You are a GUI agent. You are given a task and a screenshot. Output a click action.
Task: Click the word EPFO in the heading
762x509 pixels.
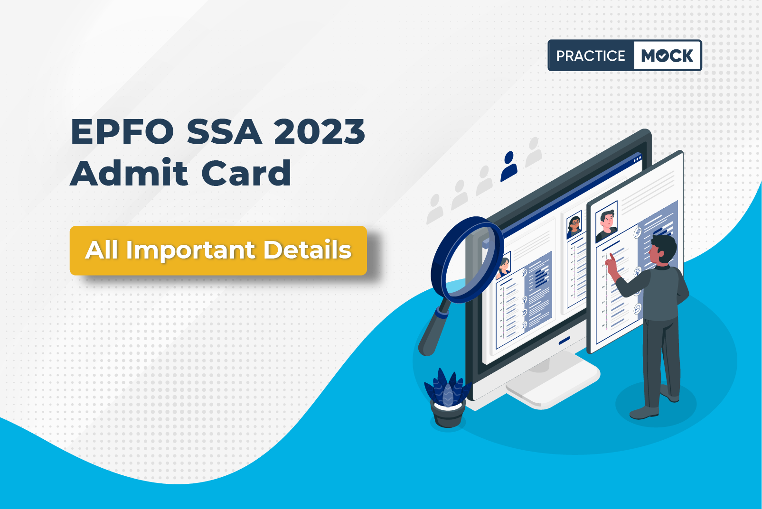click(x=122, y=132)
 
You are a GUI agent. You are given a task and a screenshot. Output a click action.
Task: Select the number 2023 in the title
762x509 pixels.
click(x=320, y=132)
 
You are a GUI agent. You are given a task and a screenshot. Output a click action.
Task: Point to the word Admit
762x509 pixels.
click(x=129, y=173)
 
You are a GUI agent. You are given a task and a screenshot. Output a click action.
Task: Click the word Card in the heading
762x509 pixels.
click(x=246, y=173)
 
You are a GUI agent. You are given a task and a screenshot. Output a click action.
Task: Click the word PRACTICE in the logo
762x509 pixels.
click(x=591, y=56)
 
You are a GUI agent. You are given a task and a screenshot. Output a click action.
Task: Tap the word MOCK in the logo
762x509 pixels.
click(x=667, y=56)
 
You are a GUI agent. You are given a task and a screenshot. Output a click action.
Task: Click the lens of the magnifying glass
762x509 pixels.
click(x=467, y=259)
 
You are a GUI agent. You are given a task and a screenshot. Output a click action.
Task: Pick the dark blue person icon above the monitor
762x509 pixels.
click(x=509, y=166)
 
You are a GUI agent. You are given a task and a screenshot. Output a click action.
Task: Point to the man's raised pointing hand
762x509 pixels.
click(x=611, y=265)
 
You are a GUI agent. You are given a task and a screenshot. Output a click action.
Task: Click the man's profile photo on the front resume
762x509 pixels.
click(x=607, y=221)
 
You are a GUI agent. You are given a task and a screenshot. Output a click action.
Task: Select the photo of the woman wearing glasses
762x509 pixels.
click(x=574, y=224)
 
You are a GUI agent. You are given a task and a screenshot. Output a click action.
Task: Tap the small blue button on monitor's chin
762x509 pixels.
click(x=564, y=340)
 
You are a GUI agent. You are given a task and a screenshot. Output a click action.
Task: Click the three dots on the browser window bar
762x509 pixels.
click(x=638, y=158)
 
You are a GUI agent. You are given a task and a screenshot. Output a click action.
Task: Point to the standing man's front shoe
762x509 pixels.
click(x=644, y=412)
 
